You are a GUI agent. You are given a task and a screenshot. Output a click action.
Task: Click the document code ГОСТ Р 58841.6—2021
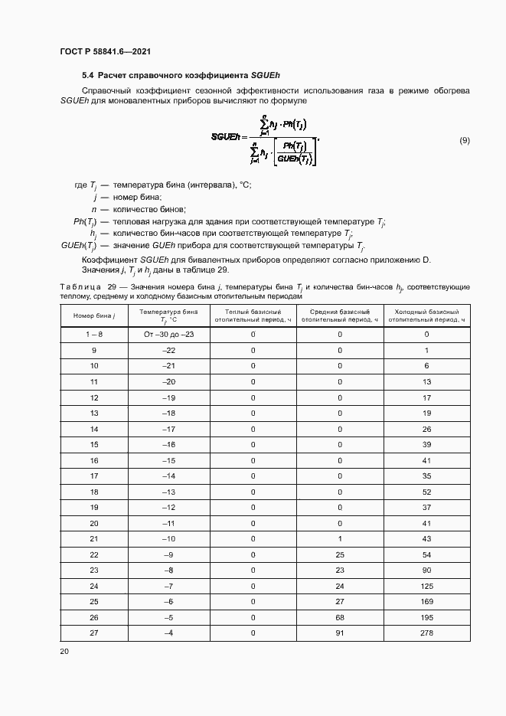coord(104,51)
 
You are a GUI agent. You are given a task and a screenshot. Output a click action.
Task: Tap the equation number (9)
coord(464,140)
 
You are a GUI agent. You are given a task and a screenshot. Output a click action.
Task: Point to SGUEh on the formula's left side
coord(227,136)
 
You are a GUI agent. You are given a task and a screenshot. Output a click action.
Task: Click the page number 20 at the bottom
coord(64,651)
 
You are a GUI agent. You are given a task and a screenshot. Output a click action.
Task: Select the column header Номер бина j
coord(94,316)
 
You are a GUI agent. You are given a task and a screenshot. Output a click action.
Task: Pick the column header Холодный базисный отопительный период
coord(426,316)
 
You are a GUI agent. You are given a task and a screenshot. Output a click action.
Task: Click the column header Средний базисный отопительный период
coord(340,316)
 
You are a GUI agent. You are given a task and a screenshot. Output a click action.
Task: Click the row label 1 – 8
coord(94,335)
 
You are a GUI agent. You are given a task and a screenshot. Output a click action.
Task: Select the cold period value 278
coord(426,633)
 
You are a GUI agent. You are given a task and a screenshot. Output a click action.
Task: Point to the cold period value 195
coord(426,617)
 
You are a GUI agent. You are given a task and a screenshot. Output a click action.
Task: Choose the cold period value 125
coord(426,586)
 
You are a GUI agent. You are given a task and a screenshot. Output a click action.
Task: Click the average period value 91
coord(340,633)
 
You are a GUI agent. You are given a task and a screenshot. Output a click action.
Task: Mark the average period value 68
coord(340,617)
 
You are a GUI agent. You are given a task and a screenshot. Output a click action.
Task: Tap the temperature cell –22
coord(169,350)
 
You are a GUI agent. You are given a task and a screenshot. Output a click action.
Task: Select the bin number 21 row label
coord(94,538)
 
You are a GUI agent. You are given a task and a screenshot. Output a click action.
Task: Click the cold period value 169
coord(426,601)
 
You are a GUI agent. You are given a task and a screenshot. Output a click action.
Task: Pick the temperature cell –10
coord(169,538)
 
